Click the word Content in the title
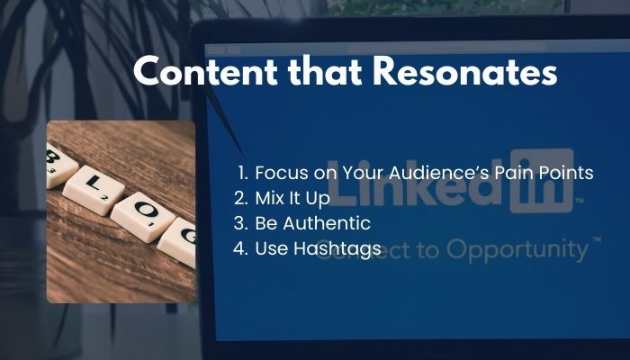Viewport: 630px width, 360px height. click(205, 71)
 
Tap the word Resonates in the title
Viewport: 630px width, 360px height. click(465, 71)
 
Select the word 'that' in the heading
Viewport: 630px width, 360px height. click(325, 71)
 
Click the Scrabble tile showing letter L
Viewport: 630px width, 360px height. click(94, 191)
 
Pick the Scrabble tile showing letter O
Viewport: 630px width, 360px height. click(143, 217)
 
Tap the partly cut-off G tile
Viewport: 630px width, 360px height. click(179, 242)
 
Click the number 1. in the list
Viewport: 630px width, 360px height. click(244, 173)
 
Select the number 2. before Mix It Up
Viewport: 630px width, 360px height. click(241, 198)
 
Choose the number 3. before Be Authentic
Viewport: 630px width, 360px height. click(241, 223)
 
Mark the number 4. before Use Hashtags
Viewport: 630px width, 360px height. click(241, 248)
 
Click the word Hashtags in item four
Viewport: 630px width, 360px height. click(337, 249)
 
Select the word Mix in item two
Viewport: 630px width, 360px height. click(267, 198)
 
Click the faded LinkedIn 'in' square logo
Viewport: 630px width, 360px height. click(542, 181)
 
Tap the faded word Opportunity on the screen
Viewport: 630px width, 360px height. click(517, 250)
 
